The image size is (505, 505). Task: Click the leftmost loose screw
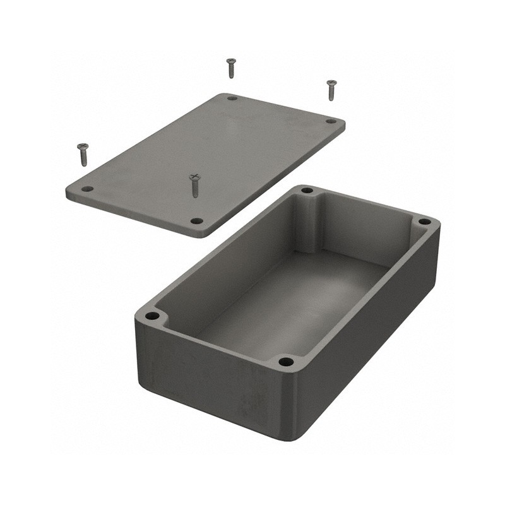(83, 155)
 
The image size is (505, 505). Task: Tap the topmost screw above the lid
(231, 68)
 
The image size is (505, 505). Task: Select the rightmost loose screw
(331, 90)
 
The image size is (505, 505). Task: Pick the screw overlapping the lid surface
(194, 186)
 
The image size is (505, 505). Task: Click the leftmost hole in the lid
(87, 189)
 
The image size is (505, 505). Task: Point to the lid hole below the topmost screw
(232, 98)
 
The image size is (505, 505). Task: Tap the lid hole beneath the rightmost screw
(330, 121)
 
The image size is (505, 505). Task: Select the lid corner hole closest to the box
(197, 221)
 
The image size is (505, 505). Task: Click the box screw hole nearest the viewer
(286, 362)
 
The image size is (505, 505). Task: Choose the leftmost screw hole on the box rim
(152, 316)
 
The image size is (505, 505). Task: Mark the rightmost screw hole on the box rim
(425, 222)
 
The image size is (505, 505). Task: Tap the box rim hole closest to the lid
(307, 190)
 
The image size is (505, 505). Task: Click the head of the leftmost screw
(83, 146)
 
